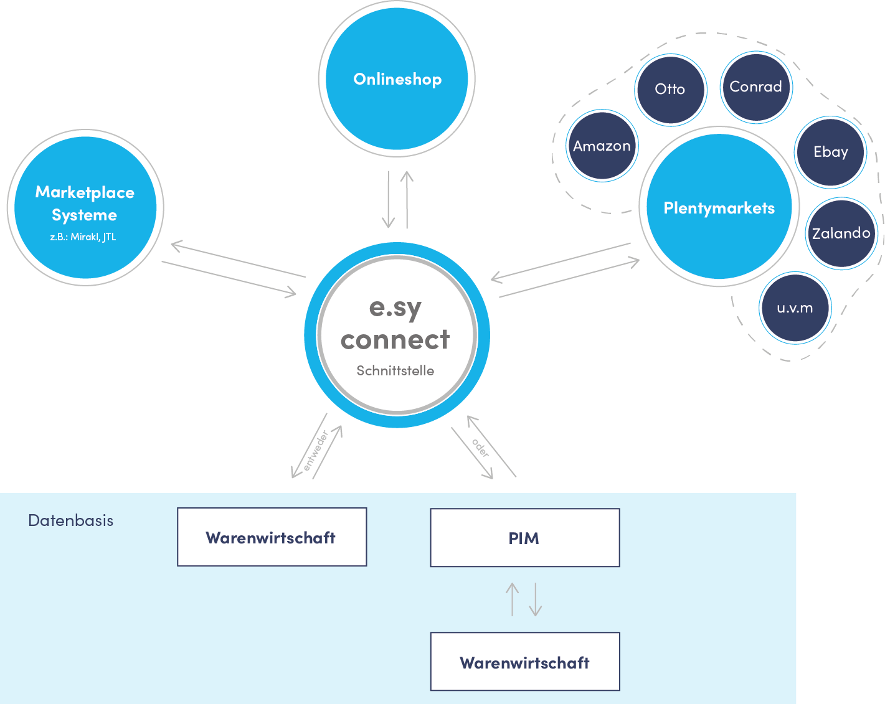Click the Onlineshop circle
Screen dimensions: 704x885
coord(397,79)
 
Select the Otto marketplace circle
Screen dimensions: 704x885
coord(670,90)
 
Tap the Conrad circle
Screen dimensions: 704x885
coord(755,87)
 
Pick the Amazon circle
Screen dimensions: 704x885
coord(602,146)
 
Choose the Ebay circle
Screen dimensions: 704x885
coord(831,152)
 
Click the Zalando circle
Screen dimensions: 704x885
coord(841,233)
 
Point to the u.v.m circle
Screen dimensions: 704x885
coord(795,308)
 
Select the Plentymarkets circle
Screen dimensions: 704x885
coord(719,208)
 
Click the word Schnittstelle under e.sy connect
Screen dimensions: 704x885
coord(395,371)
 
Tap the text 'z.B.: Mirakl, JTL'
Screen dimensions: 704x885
coord(83,237)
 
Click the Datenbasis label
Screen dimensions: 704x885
coord(71,521)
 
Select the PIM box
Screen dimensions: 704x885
coord(524,538)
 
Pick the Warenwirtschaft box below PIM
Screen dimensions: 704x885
coord(524,662)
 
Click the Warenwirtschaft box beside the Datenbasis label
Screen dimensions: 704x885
coord(272,537)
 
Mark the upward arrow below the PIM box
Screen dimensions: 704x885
coord(512,599)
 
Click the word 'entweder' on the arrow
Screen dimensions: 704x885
coord(316,451)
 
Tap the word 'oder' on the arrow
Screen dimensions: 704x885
coord(480,448)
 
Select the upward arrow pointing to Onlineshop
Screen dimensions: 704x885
coord(407,200)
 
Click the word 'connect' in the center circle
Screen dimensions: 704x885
coord(395,340)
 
